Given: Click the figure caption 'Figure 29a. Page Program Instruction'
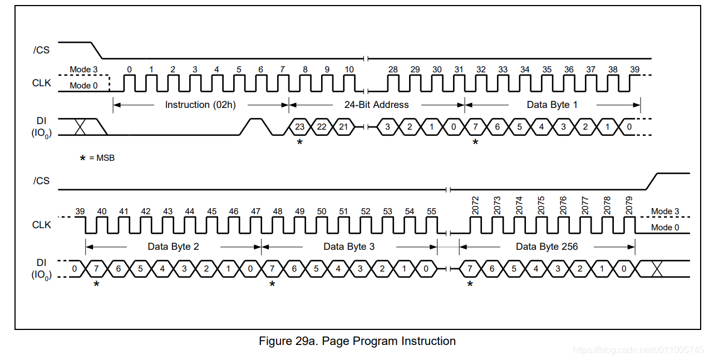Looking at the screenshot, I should (x=357, y=341).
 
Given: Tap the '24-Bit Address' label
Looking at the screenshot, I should (x=376, y=105).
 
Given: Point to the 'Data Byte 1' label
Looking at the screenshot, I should (x=552, y=105).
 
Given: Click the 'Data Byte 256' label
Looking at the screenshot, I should (x=546, y=246).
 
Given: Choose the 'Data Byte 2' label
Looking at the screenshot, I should (x=173, y=246).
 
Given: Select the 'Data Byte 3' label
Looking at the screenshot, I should (x=349, y=246).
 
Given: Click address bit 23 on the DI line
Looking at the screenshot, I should (x=299, y=127).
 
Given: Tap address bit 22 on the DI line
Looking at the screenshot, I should (x=322, y=127).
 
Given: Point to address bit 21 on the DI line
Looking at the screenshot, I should (x=343, y=127).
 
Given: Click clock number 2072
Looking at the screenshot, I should (x=475, y=205).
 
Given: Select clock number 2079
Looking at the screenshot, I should (x=629, y=205).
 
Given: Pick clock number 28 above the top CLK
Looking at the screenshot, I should (x=393, y=70).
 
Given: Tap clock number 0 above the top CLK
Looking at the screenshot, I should (x=130, y=70).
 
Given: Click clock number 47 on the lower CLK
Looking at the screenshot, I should (x=255, y=211).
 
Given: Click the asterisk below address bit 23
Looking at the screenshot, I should (x=299, y=142).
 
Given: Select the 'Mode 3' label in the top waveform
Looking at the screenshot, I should (x=83, y=70).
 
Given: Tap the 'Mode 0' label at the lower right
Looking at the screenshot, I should (x=665, y=227).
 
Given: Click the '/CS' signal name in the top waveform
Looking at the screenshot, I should (x=41, y=50).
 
